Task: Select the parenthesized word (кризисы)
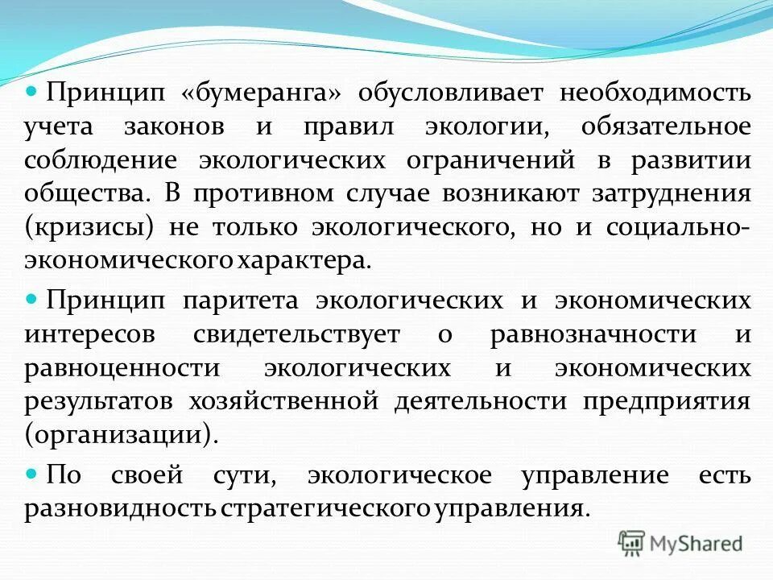click(x=89, y=228)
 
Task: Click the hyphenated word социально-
click(x=671, y=228)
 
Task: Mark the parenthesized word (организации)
click(x=121, y=436)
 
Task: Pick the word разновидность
click(x=119, y=509)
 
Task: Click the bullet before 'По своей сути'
click(x=33, y=473)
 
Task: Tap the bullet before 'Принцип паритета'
click(x=33, y=299)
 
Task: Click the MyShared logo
click(x=680, y=543)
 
